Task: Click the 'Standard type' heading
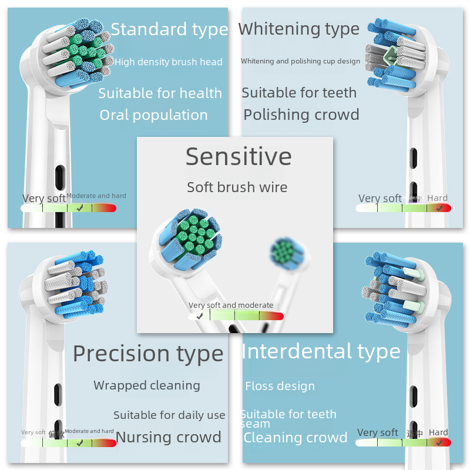pyautogui.click(x=169, y=29)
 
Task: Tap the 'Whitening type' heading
pyautogui.click(x=298, y=29)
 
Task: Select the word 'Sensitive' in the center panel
pyautogui.click(x=239, y=156)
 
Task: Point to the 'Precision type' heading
pyautogui.click(x=148, y=354)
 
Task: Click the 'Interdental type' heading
pyautogui.click(x=321, y=351)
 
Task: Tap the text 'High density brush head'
pyautogui.click(x=169, y=62)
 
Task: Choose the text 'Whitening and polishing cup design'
pyautogui.click(x=300, y=61)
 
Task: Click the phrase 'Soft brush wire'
pyautogui.click(x=237, y=187)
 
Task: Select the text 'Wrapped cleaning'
pyautogui.click(x=147, y=385)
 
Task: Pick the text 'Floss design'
pyautogui.click(x=280, y=386)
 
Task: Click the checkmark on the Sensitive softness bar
pyautogui.click(x=200, y=316)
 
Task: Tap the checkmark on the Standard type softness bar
pyautogui.click(x=79, y=207)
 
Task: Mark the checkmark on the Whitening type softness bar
pyautogui.click(x=439, y=207)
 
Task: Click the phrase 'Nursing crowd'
pyautogui.click(x=169, y=437)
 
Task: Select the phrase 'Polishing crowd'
pyautogui.click(x=301, y=115)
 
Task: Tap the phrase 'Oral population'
pyautogui.click(x=153, y=115)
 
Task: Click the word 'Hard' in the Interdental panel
pyautogui.click(x=438, y=432)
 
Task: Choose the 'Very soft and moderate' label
pyautogui.click(x=231, y=305)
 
